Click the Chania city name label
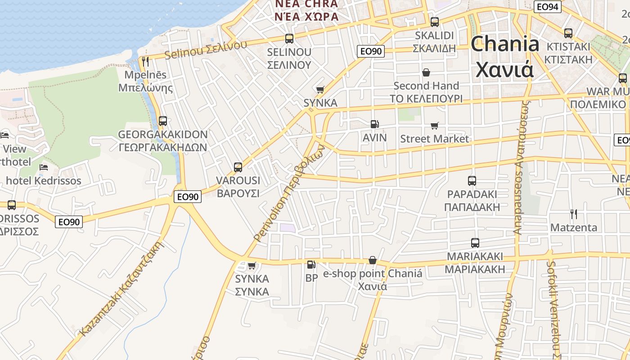click(x=504, y=56)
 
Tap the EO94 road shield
click(x=548, y=7)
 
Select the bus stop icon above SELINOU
click(x=289, y=39)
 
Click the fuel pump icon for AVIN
click(x=374, y=124)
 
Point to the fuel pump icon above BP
click(x=311, y=265)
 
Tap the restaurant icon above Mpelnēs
click(x=145, y=61)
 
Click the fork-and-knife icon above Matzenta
click(x=573, y=214)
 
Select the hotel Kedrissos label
click(x=43, y=181)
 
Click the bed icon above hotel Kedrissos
click(x=43, y=167)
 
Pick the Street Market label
click(x=434, y=139)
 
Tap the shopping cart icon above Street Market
click(x=434, y=126)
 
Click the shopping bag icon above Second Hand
click(x=426, y=72)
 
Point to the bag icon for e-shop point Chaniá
click(x=372, y=260)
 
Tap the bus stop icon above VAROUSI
click(x=238, y=167)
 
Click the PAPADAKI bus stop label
click(x=472, y=200)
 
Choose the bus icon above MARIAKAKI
click(x=475, y=243)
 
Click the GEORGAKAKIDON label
click(x=162, y=141)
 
